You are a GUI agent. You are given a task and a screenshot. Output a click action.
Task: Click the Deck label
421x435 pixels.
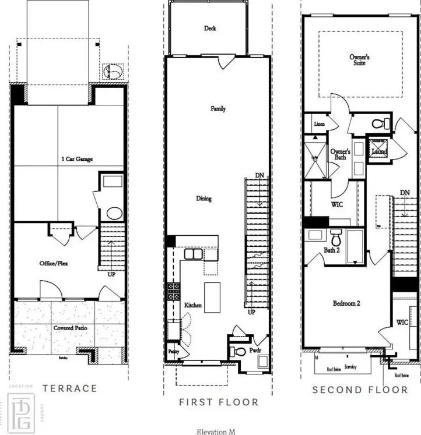pos(210,28)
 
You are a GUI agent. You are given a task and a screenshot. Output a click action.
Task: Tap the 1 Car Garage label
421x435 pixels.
pos(76,158)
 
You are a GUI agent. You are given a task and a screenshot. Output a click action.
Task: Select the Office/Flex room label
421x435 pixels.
pos(54,263)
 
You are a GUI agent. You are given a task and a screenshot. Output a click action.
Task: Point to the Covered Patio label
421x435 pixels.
pos(71,328)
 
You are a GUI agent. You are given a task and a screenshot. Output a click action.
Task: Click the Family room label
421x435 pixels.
pos(218,108)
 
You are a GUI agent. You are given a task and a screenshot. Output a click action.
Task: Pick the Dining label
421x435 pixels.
pos(204,199)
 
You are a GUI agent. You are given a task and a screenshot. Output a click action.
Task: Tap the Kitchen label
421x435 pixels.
pos(193,305)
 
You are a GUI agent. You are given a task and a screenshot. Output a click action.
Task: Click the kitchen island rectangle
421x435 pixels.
pos(212,297)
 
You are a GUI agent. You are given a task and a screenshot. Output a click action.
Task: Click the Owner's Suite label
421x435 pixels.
pos(359,59)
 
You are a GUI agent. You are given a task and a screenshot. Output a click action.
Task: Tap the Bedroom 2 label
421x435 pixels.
pos(346,303)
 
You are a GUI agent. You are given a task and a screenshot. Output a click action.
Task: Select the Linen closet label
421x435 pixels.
pos(319,124)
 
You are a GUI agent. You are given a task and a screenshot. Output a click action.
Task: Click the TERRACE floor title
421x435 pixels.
pos(69,388)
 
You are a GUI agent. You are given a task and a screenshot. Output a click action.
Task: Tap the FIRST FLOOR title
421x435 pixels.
pos(218,402)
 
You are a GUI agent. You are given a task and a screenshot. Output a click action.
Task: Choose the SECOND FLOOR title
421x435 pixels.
pos(360,390)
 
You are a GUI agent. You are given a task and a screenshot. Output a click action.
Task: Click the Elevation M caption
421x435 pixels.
pos(216,432)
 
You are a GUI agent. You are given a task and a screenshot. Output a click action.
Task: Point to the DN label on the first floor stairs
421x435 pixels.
pos(259,175)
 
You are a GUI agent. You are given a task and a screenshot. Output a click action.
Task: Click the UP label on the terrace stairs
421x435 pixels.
pos(111,274)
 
